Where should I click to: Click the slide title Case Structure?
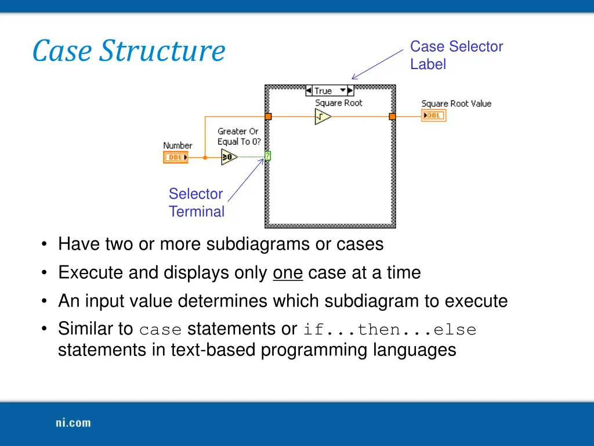point(128,51)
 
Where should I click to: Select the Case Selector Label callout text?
point(456,55)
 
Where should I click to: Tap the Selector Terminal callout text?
point(196,203)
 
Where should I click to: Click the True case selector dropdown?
point(329,91)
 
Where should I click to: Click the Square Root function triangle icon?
point(323,117)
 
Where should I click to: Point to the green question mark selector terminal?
point(267,156)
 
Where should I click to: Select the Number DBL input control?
point(175,157)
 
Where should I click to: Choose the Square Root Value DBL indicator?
point(434,116)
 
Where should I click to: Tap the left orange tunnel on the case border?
point(268,117)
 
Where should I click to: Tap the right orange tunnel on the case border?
point(392,117)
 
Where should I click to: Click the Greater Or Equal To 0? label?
point(238,136)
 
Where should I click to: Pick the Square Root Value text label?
point(456,103)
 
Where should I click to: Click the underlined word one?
point(288,272)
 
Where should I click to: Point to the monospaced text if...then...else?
point(389,330)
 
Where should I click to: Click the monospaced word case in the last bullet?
point(161,330)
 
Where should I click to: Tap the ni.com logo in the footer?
point(73,423)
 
